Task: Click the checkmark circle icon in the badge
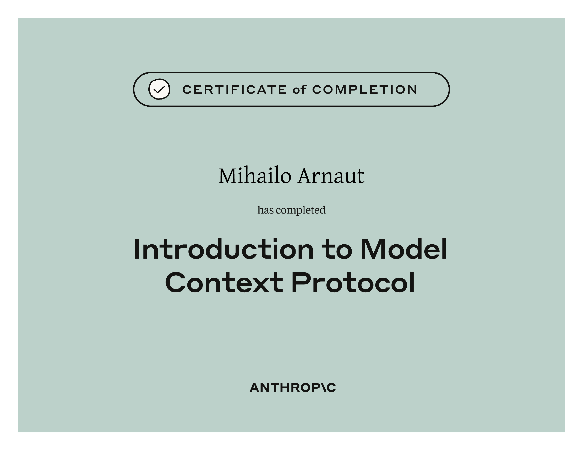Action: click(159, 89)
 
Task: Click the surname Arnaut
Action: click(331, 176)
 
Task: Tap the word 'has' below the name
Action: click(265, 210)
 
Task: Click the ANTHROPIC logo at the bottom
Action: click(293, 388)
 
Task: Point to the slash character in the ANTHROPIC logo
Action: click(322, 388)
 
